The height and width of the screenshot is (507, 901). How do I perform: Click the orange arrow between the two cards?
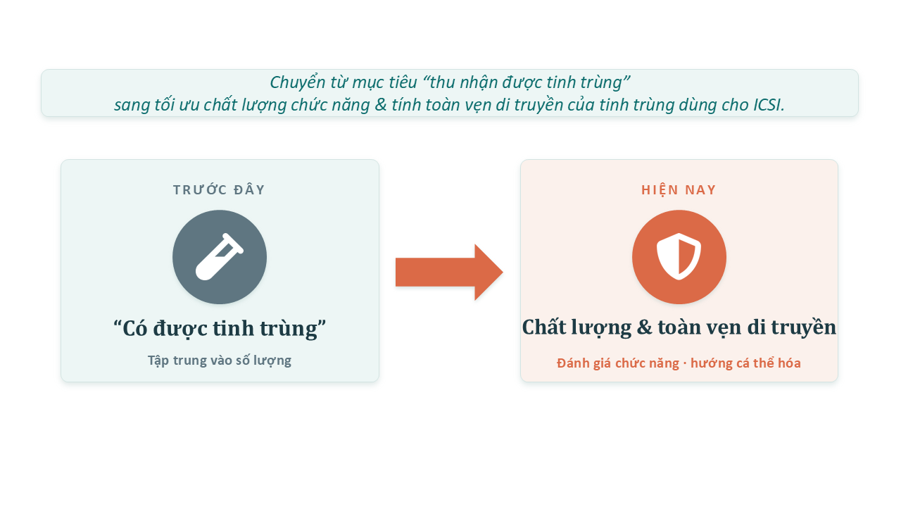[x=449, y=272]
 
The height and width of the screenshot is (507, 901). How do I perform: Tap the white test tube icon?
[x=220, y=257]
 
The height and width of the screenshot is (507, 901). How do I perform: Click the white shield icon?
[x=679, y=256]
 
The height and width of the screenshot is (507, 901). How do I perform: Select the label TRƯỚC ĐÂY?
[x=219, y=190]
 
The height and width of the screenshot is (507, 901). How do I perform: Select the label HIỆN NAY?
[x=679, y=190]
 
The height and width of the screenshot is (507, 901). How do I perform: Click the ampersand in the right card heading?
[x=645, y=327]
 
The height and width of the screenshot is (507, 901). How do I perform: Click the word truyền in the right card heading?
[x=804, y=327]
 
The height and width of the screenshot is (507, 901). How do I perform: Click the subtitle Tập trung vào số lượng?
[x=220, y=361]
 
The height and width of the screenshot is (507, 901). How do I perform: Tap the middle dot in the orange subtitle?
[x=685, y=364]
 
